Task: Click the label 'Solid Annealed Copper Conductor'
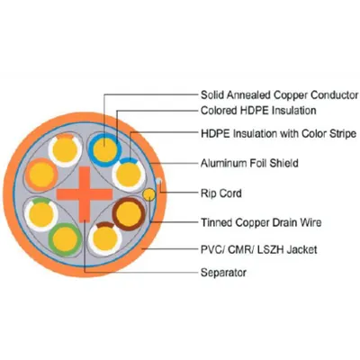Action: click(x=280, y=95)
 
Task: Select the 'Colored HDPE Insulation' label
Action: click(x=258, y=111)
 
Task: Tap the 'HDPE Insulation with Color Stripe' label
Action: click(x=279, y=133)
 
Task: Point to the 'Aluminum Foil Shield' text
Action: click(x=249, y=163)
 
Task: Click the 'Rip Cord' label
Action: click(x=221, y=193)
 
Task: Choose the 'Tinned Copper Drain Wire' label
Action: click(x=261, y=222)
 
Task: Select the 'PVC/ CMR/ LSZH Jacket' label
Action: click(x=258, y=249)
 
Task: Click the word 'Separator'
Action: click(x=223, y=273)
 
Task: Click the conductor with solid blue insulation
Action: click(x=104, y=149)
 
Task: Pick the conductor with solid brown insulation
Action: click(x=129, y=214)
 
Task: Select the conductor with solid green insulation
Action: click(x=65, y=239)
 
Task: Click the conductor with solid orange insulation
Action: click(x=41, y=175)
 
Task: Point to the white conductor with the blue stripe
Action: click(x=129, y=175)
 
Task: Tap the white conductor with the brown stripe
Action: click(x=105, y=239)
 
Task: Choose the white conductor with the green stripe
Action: click(x=41, y=214)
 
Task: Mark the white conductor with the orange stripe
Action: click(x=65, y=149)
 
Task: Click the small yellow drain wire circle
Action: click(x=148, y=194)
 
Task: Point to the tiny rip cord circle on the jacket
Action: click(x=159, y=181)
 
